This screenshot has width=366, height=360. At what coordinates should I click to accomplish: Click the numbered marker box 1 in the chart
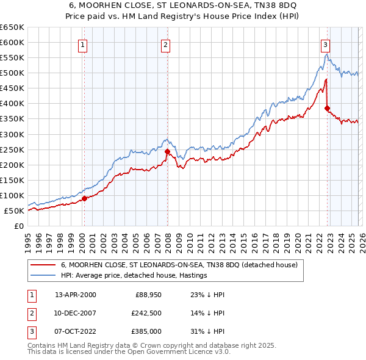(82, 44)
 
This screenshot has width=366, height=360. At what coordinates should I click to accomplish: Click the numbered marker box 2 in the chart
(165, 44)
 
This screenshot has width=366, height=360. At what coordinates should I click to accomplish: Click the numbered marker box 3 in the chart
(326, 44)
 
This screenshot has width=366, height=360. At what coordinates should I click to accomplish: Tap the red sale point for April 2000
(84, 198)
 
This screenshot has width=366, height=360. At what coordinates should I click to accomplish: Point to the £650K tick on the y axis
(12, 27)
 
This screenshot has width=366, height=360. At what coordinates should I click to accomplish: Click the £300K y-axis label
(12, 134)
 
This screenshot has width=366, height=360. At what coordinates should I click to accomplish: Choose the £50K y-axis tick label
(14, 211)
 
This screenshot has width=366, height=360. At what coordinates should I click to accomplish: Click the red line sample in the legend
(43, 265)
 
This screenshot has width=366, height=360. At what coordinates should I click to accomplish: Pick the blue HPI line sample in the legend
(43, 276)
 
